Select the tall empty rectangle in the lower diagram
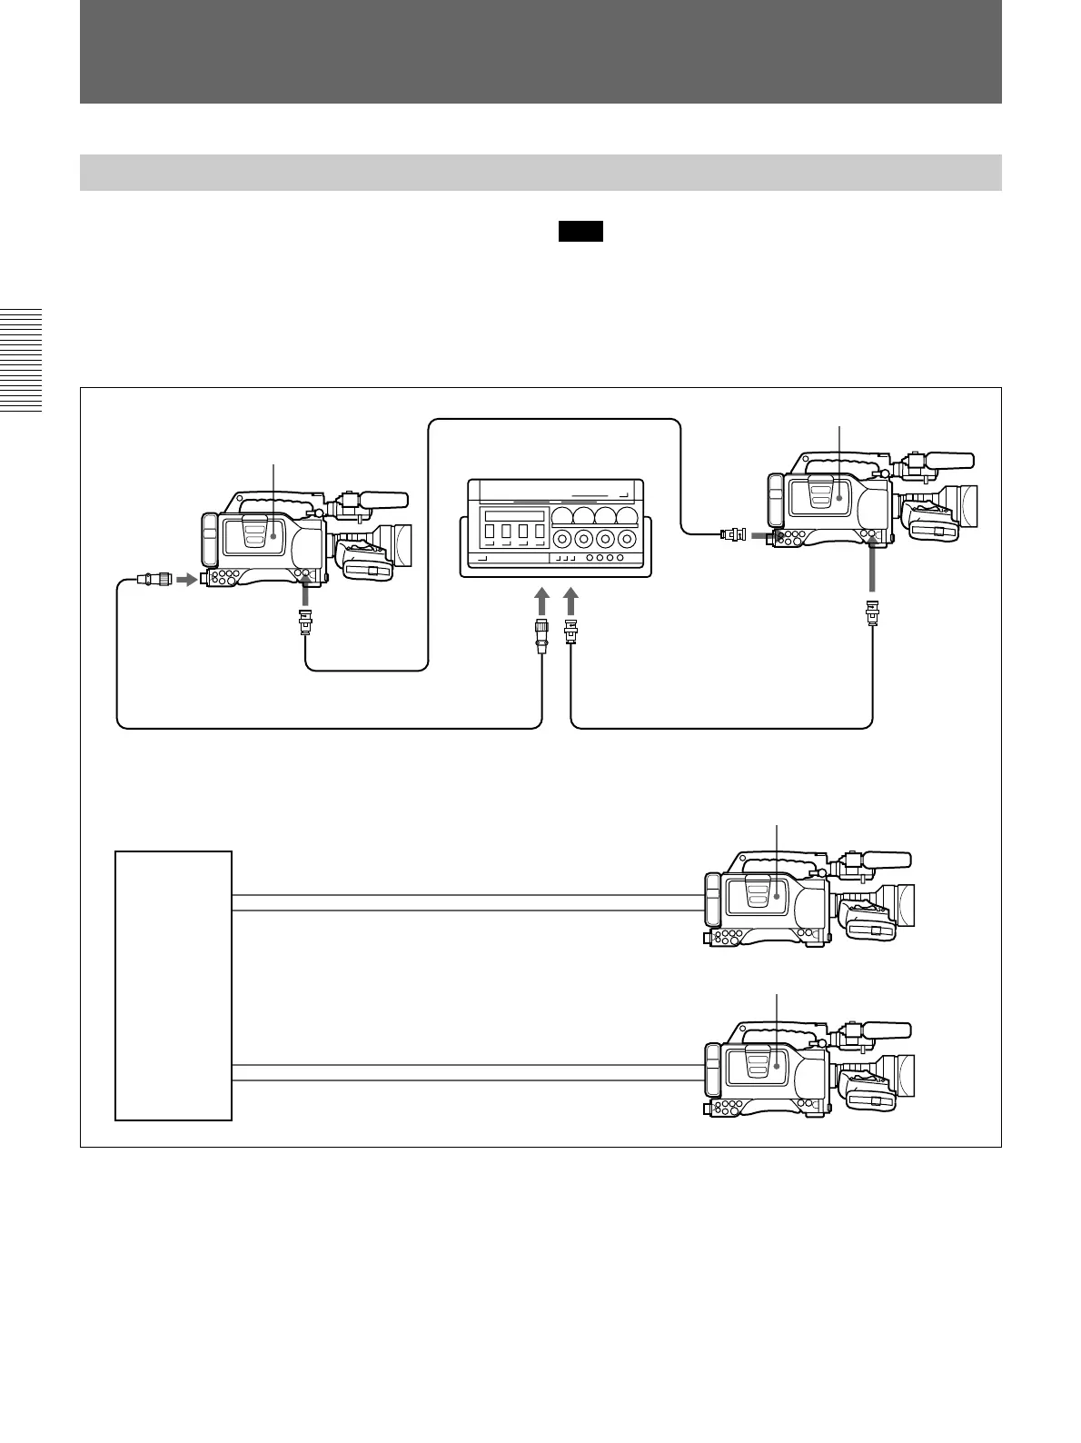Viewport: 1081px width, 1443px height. (x=174, y=985)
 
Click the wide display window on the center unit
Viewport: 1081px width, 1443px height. (x=513, y=515)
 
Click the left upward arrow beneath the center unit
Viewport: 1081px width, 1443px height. (x=541, y=601)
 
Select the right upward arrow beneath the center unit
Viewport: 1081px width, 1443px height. (x=571, y=601)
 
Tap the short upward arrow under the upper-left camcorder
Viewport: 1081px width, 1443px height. (x=306, y=596)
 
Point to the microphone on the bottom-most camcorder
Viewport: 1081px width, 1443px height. (x=886, y=1030)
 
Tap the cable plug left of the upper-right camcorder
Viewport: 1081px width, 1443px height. (x=732, y=534)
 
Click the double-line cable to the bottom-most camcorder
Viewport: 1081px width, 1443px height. (x=468, y=1072)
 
